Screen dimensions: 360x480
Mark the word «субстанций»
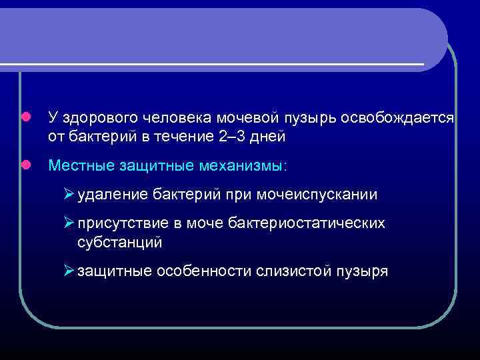119,241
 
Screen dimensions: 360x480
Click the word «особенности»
203,271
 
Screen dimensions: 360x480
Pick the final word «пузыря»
365,271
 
